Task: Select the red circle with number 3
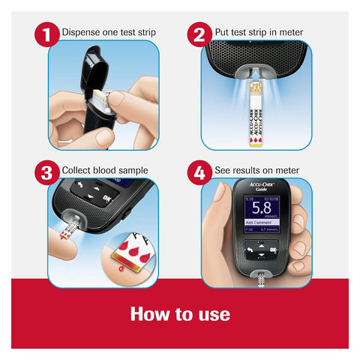coord(46,171)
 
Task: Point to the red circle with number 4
coord(199,171)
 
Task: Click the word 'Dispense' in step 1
coord(79,32)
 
